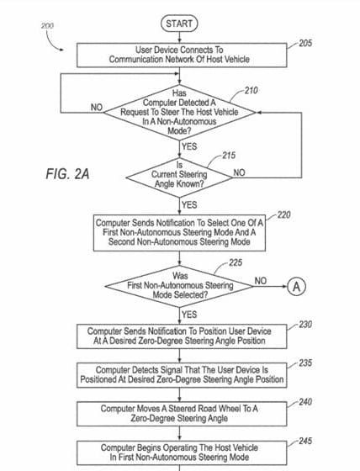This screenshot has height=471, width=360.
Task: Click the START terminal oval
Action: click(179, 24)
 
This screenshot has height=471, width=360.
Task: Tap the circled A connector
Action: click(296, 286)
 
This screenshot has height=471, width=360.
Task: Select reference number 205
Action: click(305, 43)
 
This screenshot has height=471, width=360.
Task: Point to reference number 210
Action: click(251, 91)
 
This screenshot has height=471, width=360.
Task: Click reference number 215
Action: click(229, 156)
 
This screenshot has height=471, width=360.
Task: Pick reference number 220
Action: click(284, 214)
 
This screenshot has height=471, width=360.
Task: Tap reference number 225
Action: click(236, 262)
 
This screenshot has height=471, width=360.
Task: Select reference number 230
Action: click(305, 325)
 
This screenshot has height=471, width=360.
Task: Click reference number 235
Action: click(305, 363)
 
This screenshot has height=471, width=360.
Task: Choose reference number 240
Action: click(305, 402)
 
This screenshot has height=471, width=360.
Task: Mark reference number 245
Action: click(305, 441)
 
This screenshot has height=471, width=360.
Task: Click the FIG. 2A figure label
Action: click(67, 174)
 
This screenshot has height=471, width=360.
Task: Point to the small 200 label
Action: click(47, 25)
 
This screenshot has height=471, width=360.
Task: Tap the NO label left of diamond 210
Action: click(97, 108)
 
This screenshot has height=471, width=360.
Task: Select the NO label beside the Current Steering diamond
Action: click(239, 172)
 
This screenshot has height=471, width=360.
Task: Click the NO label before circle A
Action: click(261, 281)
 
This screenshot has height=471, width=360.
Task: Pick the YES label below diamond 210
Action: click(189, 146)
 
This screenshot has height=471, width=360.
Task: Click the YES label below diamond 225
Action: click(189, 315)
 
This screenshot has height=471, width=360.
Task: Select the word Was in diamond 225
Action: click(180, 276)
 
